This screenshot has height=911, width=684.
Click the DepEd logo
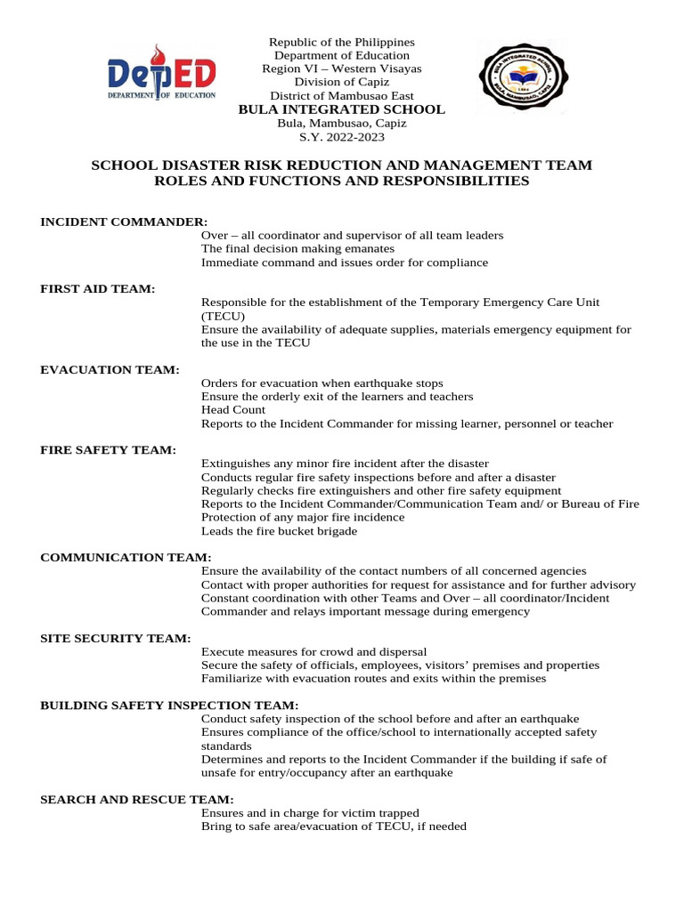(x=160, y=75)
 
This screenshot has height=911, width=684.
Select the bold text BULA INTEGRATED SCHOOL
(x=342, y=109)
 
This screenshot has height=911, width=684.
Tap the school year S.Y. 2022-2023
(x=342, y=137)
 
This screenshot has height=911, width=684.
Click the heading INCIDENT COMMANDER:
(x=124, y=221)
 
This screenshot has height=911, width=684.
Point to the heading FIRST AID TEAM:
(x=98, y=289)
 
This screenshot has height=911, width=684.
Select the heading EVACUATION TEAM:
(x=110, y=369)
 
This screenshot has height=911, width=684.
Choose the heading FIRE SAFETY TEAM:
(x=108, y=450)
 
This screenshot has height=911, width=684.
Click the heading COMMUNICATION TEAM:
(x=126, y=557)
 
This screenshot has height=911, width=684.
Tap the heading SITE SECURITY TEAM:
(x=115, y=638)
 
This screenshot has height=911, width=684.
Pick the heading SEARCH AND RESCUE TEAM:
(x=137, y=800)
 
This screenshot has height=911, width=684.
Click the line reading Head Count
(x=233, y=410)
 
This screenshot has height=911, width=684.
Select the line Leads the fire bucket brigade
(x=279, y=531)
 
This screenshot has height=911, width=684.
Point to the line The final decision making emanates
(x=285, y=249)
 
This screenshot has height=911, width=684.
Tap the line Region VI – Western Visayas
(x=342, y=69)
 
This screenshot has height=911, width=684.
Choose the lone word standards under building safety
(x=226, y=746)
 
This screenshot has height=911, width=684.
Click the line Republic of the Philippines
(x=342, y=42)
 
